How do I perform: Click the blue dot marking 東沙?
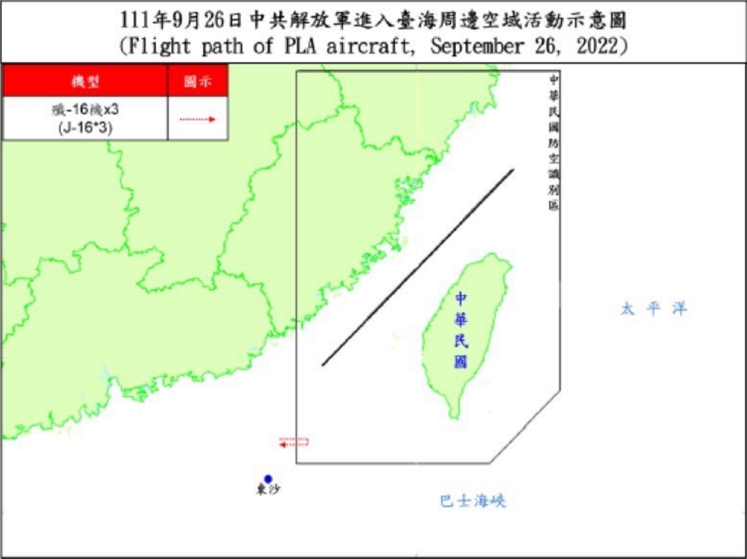268,479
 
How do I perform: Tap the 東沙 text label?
268,490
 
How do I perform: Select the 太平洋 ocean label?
654,309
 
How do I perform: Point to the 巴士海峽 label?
473,500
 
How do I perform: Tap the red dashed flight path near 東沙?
294,442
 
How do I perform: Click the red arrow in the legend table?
197,119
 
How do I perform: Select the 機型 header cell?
85,81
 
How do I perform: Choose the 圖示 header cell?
197,81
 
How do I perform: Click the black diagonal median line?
418,267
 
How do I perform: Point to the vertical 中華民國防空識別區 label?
553,142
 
